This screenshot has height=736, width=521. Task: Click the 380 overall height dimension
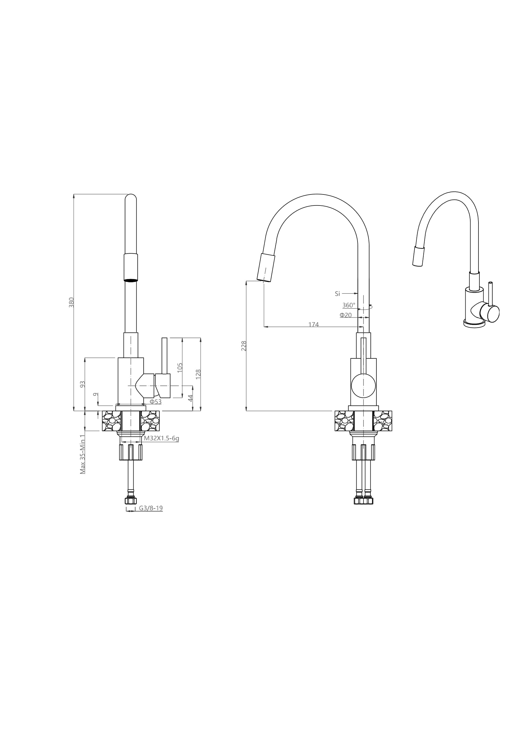coord(72,302)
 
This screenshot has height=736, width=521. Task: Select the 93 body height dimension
coord(83,384)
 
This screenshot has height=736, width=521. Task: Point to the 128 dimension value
coord(198,374)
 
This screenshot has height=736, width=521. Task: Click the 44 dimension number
coord(190,398)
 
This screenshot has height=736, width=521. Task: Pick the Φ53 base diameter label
coord(156,402)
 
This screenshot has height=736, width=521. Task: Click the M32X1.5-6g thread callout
coord(161,438)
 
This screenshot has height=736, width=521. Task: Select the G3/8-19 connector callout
coord(151,508)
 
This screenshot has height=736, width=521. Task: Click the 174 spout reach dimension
coord(313,324)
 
